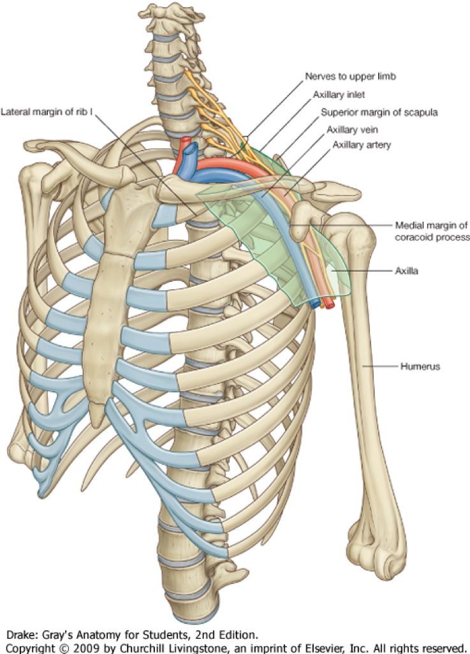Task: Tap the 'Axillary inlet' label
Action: click(339, 95)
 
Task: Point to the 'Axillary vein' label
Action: click(352, 129)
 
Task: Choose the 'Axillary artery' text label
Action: click(362, 145)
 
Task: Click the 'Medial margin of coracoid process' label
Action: click(432, 230)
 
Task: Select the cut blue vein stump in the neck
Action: click(189, 152)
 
